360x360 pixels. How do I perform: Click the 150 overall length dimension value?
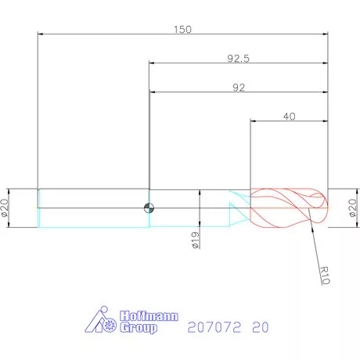click(182, 29)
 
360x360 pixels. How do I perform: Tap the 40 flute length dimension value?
click(289, 116)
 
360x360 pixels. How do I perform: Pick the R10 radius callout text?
click(329, 275)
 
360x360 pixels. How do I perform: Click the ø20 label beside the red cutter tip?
click(351, 208)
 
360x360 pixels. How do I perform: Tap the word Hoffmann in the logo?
click(149, 318)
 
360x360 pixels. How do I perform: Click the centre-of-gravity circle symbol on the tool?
click(148, 207)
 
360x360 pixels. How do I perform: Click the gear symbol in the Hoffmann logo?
click(109, 323)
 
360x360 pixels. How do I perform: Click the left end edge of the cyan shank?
click(38, 207)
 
